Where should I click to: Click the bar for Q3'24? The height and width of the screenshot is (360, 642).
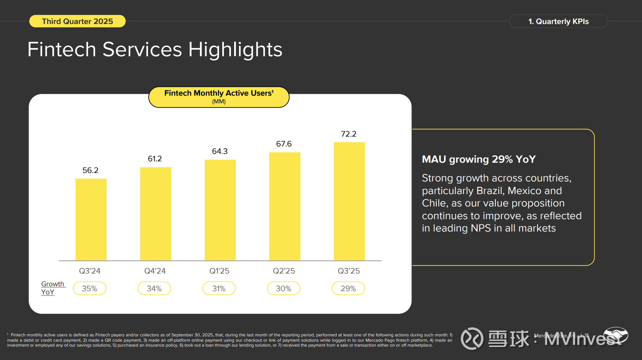click(91, 220)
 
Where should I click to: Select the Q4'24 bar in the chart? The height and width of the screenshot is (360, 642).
click(155, 214)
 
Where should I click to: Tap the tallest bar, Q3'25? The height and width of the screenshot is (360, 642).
click(349, 201)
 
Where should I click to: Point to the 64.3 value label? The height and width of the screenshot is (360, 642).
click(220, 151)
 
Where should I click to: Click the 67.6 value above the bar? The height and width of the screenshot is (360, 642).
click(284, 144)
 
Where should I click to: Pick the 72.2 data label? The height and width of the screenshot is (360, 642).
click(349, 134)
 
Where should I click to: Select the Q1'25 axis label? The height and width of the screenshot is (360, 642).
click(219, 271)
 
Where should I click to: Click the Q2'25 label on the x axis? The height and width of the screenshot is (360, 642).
click(284, 271)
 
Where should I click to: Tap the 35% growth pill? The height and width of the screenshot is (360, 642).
click(89, 288)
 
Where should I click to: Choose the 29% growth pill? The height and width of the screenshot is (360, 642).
click(348, 288)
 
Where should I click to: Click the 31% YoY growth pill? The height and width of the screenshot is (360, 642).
click(219, 288)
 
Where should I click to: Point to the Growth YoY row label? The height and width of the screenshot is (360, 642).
click(52, 288)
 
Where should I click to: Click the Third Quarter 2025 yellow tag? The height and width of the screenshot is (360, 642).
click(77, 21)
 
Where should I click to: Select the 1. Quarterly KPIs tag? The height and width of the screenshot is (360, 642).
click(558, 21)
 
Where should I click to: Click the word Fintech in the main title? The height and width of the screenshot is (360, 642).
click(62, 49)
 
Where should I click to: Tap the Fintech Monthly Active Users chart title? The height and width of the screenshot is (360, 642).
click(219, 93)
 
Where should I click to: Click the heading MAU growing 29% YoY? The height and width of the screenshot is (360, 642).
click(478, 159)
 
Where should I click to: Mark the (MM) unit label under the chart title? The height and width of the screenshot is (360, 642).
click(219, 102)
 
